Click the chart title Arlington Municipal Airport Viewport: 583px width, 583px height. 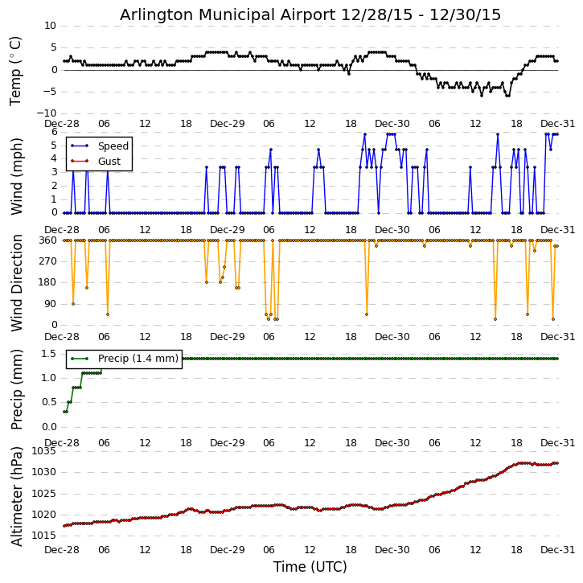point(310,14)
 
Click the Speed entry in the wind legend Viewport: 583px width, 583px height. point(113,146)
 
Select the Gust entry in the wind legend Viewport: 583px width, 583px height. point(109,162)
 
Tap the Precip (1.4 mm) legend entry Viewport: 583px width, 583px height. point(138,359)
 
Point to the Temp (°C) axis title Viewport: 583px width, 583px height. point(16,70)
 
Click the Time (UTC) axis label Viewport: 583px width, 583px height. point(310,567)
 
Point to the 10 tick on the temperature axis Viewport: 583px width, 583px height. point(50,26)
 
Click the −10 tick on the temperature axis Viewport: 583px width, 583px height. point(47,113)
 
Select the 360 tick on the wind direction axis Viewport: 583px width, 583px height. point(47,240)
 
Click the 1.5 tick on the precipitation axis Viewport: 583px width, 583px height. point(48,354)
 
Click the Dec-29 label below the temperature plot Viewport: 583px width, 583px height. point(227,124)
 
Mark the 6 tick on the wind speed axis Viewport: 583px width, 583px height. point(53,132)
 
